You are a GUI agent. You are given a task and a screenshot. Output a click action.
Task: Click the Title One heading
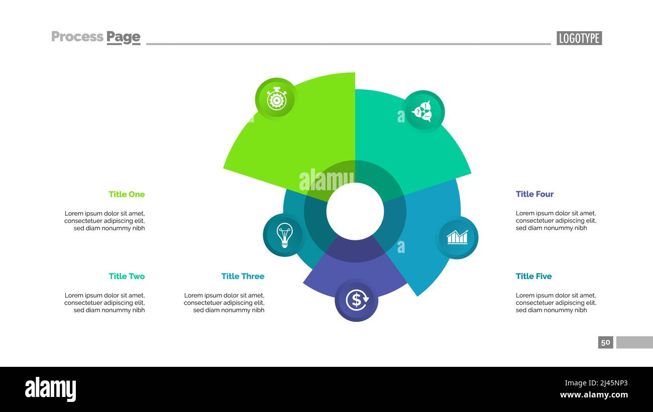pyautogui.click(x=127, y=194)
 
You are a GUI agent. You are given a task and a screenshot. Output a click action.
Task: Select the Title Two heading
pyautogui.click(x=127, y=276)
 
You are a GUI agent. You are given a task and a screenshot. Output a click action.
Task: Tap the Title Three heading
pyautogui.click(x=243, y=276)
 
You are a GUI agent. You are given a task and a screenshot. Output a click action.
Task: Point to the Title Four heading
pyautogui.click(x=534, y=194)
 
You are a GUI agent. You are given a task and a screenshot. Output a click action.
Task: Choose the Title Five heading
pyautogui.click(x=533, y=276)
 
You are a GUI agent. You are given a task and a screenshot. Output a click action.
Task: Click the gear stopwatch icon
pyautogui.click(x=276, y=99)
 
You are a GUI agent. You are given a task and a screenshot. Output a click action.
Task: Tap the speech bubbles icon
pyautogui.click(x=423, y=111)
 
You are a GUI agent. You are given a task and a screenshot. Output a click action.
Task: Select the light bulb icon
pyautogui.click(x=284, y=235)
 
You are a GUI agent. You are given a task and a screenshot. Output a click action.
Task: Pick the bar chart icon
pyautogui.click(x=457, y=237)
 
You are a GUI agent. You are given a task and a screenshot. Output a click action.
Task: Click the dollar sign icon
pyautogui.click(x=356, y=300)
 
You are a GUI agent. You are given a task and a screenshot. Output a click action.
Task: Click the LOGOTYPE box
pyautogui.click(x=579, y=38)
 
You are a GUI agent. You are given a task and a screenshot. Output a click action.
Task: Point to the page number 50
pyautogui.click(x=605, y=342)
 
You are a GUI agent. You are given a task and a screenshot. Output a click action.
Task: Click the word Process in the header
pyautogui.click(x=77, y=37)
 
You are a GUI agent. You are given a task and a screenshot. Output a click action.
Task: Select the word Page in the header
pyautogui.click(x=124, y=37)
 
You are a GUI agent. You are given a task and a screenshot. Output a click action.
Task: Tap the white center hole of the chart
pyautogui.click(x=355, y=211)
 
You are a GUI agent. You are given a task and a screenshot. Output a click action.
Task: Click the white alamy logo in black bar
pyautogui.click(x=50, y=389)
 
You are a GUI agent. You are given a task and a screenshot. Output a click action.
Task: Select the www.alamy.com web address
pyautogui.click(x=594, y=395)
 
